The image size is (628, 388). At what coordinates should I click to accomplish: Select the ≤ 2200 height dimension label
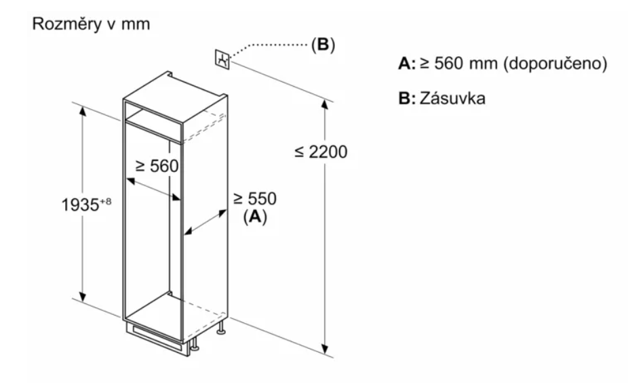[x=321, y=152]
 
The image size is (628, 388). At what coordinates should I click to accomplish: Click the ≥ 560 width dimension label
[x=156, y=166]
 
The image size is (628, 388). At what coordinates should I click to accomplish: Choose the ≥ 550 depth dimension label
[x=256, y=198]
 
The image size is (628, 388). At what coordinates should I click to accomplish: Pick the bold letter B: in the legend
[x=406, y=98]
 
